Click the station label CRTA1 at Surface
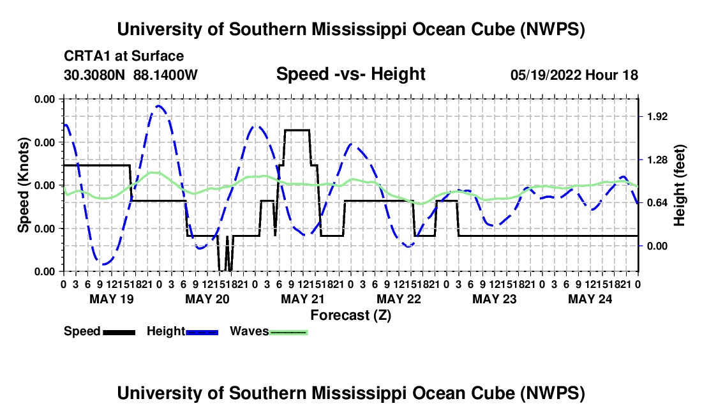click(x=124, y=56)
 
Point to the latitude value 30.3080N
click(x=94, y=75)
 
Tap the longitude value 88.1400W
click(x=165, y=75)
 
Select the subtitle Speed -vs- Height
click(x=350, y=74)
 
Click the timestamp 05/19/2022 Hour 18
click(x=574, y=75)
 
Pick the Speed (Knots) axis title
click(x=23, y=185)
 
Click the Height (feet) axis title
click(x=679, y=185)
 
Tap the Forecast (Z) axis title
click(x=350, y=315)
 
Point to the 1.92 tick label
click(x=657, y=117)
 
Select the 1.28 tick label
click(x=657, y=160)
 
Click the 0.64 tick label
click(x=657, y=203)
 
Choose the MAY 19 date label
click(x=112, y=299)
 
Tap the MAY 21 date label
click(x=303, y=299)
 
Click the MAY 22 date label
click(x=399, y=299)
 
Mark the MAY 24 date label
click(x=590, y=299)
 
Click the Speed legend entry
click(x=100, y=332)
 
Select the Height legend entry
click(x=183, y=332)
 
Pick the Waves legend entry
click(x=269, y=332)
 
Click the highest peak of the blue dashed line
click(x=158, y=105)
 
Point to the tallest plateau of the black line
click(x=297, y=130)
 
